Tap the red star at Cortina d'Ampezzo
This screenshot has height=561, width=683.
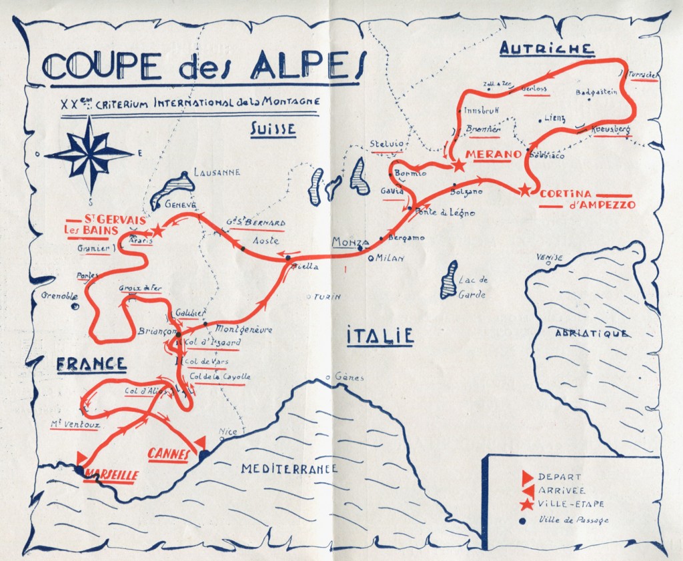(526, 190)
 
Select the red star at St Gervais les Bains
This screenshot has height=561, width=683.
(157, 231)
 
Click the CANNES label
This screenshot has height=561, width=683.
(167, 454)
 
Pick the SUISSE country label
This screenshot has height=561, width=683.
(273, 129)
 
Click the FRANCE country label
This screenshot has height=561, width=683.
(91, 364)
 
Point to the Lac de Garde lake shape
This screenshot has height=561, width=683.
(451, 280)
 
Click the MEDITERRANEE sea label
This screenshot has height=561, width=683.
(289, 468)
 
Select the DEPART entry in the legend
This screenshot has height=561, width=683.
(559, 477)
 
